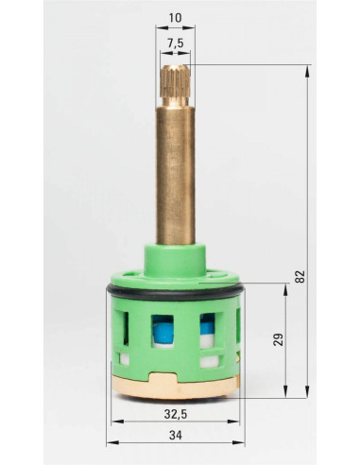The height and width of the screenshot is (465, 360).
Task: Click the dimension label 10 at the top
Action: tap(175, 18)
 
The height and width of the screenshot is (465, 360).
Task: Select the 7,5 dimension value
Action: tap(175, 43)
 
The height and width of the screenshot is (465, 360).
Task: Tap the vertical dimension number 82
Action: tap(301, 276)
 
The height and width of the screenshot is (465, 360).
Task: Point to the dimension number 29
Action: tap(279, 339)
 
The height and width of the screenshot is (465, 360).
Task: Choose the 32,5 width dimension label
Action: tap(176, 414)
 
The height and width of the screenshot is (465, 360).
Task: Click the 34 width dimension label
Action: tap(176, 436)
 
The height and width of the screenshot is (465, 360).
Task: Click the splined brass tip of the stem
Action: tap(175, 81)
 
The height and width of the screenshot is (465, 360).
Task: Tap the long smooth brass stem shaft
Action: tap(176, 176)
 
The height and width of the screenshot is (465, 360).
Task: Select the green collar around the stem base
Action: tap(176, 261)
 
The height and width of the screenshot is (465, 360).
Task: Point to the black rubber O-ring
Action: tap(176, 294)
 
